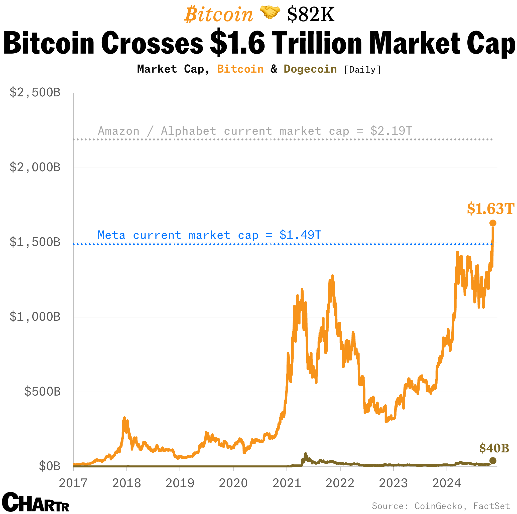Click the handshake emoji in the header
[x=270, y=13]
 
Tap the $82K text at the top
[x=310, y=15]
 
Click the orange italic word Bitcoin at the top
[x=218, y=15]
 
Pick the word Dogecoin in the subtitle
[x=310, y=69]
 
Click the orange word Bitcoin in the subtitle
[x=240, y=69]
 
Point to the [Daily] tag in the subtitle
[x=362, y=70]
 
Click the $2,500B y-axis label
[x=35, y=93]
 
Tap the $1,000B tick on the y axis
[x=35, y=317]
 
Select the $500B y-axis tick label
[x=42, y=392]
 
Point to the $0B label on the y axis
[x=50, y=466]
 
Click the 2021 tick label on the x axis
[x=287, y=483]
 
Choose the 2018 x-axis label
[x=126, y=483]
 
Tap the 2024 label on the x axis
[x=447, y=483]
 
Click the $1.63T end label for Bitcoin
[x=490, y=209]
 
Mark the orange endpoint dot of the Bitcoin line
[x=493, y=223]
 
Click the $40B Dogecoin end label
[x=494, y=448]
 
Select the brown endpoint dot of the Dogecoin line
[x=493, y=461]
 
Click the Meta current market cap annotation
[x=209, y=235]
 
